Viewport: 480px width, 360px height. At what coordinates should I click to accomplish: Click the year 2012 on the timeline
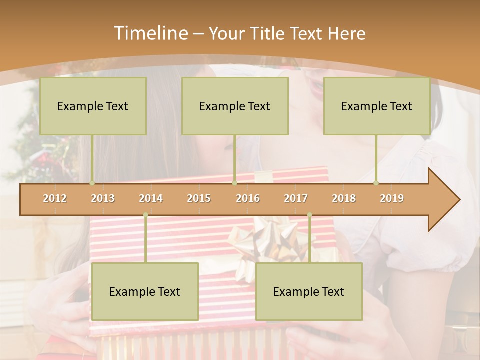(55, 198)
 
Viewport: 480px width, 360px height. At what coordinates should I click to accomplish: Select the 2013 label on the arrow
(103, 198)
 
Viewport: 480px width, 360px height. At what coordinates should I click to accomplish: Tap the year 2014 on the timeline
(151, 198)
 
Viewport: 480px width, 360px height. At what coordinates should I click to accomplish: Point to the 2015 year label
(199, 198)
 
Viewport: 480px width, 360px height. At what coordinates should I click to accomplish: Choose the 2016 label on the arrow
(248, 198)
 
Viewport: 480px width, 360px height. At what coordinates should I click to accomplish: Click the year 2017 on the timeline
(296, 198)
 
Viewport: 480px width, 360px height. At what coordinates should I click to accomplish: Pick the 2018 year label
(344, 198)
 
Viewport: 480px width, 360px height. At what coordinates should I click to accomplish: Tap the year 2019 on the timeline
(392, 198)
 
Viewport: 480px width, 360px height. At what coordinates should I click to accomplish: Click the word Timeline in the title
(150, 33)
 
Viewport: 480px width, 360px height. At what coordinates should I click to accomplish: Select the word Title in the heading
(268, 33)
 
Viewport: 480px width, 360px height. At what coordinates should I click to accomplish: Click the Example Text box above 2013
(93, 106)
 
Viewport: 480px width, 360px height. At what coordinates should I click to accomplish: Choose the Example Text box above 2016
(235, 106)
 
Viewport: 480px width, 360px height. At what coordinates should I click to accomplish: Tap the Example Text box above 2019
(377, 106)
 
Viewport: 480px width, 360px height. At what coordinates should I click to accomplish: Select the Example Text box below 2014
(145, 291)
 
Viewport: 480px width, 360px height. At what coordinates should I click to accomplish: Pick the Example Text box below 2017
(309, 291)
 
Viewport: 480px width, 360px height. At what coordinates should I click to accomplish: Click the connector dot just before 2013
(92, 183)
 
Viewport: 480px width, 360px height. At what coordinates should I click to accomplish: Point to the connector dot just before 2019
(376, 183)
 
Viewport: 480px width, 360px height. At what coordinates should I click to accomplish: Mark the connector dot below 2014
(145, 215)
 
